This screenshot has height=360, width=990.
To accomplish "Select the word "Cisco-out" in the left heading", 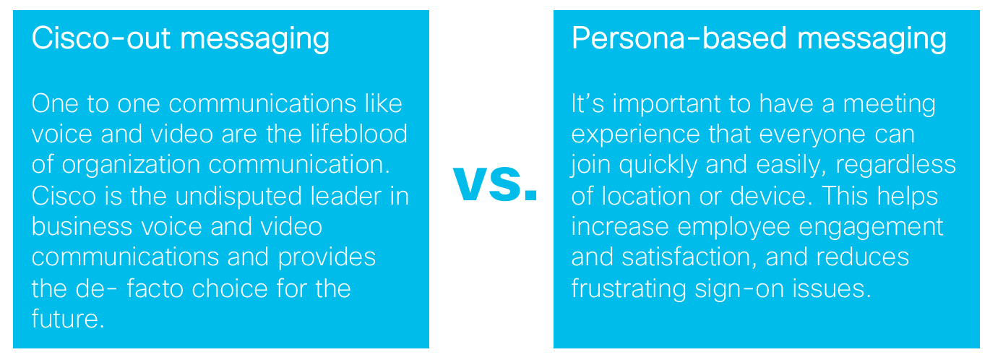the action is [101, 38].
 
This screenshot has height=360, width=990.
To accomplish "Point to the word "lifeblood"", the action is [358, 134].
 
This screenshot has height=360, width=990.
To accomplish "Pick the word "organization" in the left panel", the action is [131, 166].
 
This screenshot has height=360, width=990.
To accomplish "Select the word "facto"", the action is [155, 289].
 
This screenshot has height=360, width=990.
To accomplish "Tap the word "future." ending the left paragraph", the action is [68, 319].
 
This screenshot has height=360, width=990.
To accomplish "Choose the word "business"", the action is [82, 227].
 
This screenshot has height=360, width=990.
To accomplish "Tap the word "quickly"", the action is [658, 166].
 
